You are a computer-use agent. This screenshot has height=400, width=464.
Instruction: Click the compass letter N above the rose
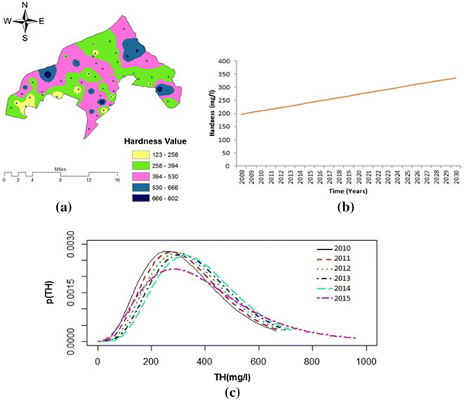tap(25, 5)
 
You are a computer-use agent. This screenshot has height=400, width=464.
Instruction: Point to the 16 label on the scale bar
tap(117, 180)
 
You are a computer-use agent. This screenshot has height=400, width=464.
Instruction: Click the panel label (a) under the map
tap(63, 207)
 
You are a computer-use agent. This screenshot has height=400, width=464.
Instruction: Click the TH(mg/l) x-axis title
tap(232, 376)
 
